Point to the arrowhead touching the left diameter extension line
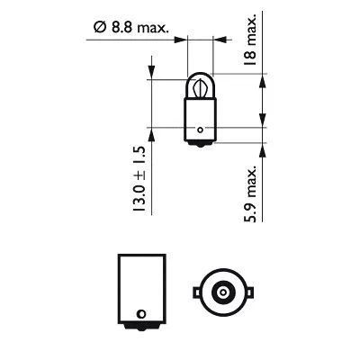click(183, 40)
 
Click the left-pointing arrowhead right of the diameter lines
click(220, 40)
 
